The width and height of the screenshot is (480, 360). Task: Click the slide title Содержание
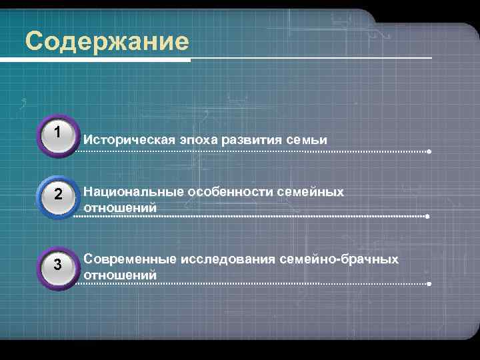click(x=107, y=41)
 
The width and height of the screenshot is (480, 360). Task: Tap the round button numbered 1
click(x=59, y=134)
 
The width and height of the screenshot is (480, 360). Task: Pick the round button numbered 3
click(x=59, y=265)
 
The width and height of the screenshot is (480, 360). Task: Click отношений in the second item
click(x=120, y=207)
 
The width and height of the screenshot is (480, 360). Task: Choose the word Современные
click(x=127, y=259)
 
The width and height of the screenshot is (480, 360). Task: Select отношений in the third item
click(x=120, y=274)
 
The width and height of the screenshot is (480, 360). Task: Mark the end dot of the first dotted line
click(x=429, y=152)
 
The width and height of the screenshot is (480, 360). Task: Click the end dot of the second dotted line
click(x=427, y=217)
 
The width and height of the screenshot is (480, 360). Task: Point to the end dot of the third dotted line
click(x=429, y=284)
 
